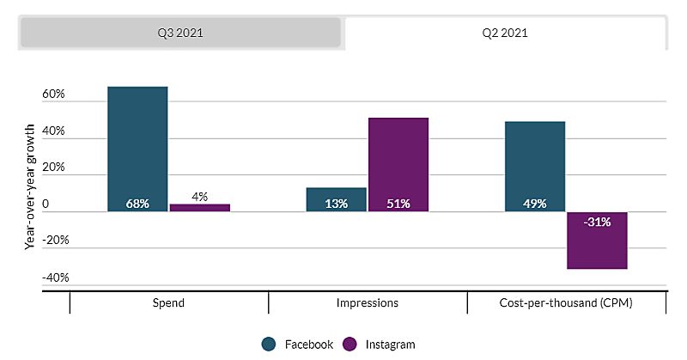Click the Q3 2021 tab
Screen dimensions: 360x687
tap(180, 34)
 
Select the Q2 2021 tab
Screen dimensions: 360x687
tap(505, 34)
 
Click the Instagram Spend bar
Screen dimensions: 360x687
tap(199, 207)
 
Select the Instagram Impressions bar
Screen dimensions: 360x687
tap(398, 163)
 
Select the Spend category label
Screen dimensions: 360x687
tap(167, 303)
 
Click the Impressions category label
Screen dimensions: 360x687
tap(367, 303)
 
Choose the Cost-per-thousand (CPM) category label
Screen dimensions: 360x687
tap(566, 303)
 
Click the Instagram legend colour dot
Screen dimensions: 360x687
tap(350, 345)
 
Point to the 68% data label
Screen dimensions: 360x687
tap(137, 204)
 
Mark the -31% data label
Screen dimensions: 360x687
tap(596, 222)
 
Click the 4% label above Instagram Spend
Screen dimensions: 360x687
tap(199, 196)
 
